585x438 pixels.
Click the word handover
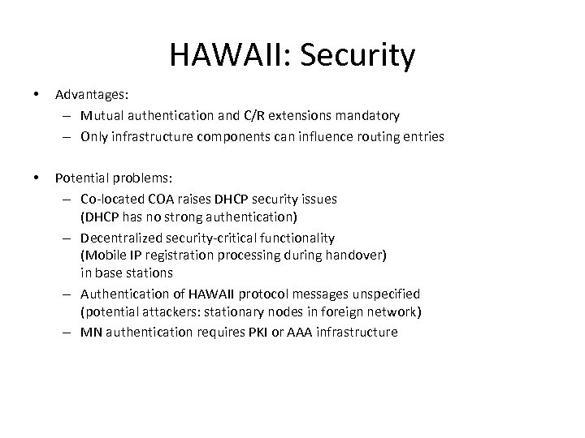coord(358,255)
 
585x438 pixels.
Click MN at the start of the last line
coord(90,332)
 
